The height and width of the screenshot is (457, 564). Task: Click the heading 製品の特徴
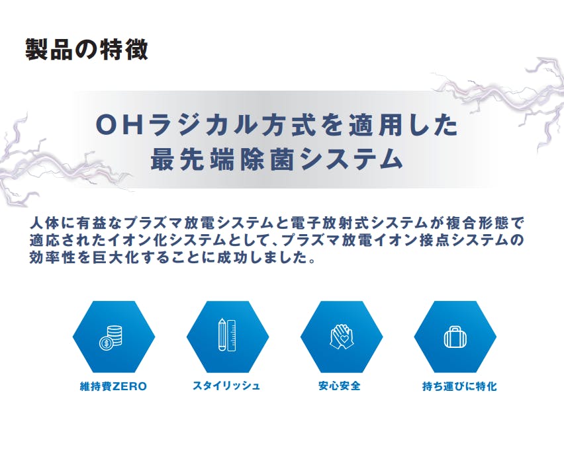(86, 49)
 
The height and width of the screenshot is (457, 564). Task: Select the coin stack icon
(111, 337)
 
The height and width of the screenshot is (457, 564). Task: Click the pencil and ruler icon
(227, 335)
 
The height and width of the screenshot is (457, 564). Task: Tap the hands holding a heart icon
(342, 337)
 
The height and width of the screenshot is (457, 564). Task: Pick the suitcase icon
(455, 337)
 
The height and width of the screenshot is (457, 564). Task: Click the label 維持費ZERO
(113, 387)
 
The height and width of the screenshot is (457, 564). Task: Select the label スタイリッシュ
(226, 386)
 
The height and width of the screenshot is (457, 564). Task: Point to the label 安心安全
(340, 386)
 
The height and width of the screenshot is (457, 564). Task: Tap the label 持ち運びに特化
(459, 386)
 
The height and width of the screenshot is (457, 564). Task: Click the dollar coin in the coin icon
(105, 344)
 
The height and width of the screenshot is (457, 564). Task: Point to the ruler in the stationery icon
(232, 335)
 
